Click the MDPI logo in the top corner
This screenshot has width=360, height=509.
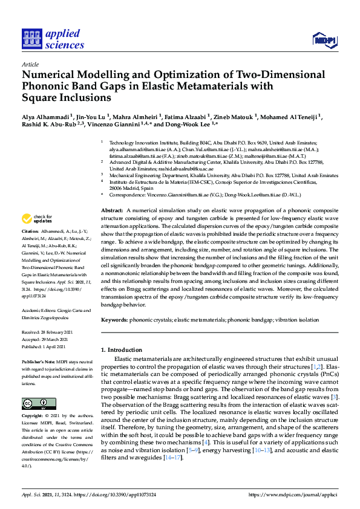pos(323,41)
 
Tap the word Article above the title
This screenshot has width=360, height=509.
pos(30,63)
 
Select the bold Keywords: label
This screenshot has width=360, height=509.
pos(116,319)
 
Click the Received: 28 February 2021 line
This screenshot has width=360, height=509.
pos(50,332)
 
